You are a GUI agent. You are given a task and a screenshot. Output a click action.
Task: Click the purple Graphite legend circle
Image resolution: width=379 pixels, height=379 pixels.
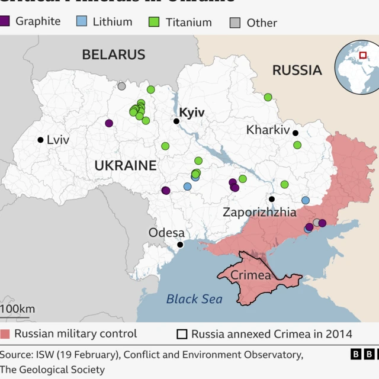pos(5,21)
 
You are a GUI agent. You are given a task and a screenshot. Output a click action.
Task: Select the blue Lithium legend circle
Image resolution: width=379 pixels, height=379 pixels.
pos(82,22)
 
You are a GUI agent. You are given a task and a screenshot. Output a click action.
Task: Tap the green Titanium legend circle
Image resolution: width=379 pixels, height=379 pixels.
pos(154,22)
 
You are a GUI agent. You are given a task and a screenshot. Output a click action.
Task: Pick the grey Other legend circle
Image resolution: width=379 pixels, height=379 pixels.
pos(235,23)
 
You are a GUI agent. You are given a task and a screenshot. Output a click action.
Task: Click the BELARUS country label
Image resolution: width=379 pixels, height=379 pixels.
pos(113,54)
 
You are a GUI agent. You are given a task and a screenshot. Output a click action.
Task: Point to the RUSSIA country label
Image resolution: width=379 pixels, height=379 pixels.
pos(297,70)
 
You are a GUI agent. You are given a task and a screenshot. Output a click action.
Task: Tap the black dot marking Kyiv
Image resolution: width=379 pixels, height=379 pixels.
pos(176,121)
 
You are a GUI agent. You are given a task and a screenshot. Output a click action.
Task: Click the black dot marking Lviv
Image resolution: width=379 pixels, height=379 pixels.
pos(40,140)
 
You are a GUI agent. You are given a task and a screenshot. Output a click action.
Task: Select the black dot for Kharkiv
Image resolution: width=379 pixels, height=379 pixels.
pos(296,133)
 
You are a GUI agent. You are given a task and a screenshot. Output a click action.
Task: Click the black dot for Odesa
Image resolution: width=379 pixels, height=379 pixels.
pos(180,245)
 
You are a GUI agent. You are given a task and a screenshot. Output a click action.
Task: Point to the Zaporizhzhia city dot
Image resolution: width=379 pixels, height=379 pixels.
pos(272,200)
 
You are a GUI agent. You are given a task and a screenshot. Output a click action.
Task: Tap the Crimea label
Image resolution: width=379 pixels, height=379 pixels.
pos(250,275)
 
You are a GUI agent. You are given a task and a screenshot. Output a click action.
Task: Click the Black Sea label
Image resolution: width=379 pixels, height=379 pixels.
pos(194,299)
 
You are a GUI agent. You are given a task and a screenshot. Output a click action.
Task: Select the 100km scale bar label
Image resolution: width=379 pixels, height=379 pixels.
pos(18,309)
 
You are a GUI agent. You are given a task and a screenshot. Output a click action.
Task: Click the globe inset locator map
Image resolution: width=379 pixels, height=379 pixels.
pos(357,67)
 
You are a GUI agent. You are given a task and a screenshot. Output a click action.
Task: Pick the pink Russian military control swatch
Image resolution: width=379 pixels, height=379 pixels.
pos(6,334)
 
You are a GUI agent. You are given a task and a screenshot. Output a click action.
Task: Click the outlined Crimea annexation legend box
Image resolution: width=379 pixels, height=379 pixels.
pos(181,334)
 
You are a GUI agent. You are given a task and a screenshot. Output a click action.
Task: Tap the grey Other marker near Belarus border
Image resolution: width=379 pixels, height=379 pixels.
pos(121,86)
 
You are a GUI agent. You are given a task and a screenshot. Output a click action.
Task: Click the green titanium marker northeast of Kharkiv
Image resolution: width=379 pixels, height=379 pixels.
pos(268,97)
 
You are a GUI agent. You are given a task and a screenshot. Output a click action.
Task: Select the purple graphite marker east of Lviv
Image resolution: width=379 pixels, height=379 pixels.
pos(109,123)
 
